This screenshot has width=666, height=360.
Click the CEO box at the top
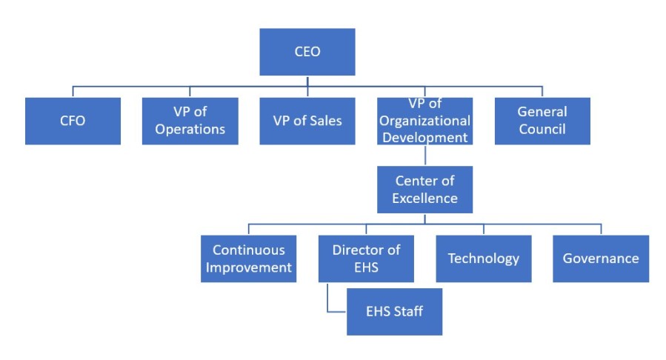pos(307,52)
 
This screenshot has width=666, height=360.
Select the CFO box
pos(73,121)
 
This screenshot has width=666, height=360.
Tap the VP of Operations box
pos(190,121)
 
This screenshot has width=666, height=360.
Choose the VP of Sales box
pos(307,121)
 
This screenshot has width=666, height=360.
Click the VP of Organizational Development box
pos(424,121)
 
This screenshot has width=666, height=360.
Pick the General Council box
pos(542,121)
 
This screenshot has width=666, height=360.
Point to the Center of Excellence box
pos(424,190)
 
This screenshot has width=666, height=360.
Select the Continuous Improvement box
pos(248,259)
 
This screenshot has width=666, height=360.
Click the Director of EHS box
pos(366,259)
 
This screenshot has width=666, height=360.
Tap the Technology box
pos(483,259)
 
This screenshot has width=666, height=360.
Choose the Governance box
pos(601,259)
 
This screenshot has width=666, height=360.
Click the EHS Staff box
pos(395,311)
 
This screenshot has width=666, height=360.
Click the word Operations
pos(190,129)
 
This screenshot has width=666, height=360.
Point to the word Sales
pos(323,121)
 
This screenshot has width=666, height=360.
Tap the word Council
pos(542,129)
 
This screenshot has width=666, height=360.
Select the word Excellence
pos(424,198)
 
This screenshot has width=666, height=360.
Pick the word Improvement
pos(248,267)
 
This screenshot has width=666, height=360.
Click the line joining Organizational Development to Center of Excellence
pos(424,156)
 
